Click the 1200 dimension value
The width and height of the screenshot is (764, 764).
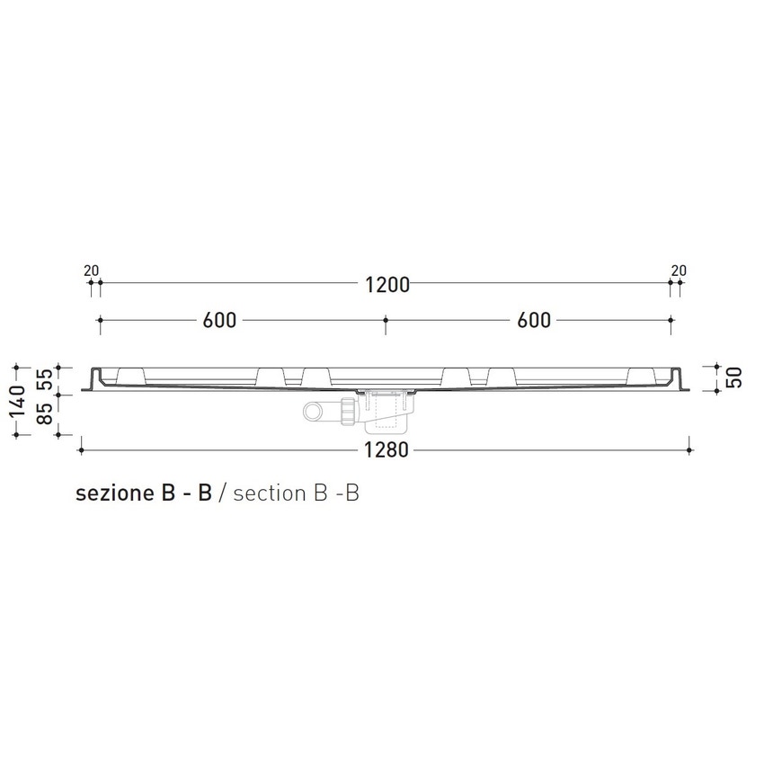387,285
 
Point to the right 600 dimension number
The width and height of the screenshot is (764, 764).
534,321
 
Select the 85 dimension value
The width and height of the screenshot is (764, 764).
42,414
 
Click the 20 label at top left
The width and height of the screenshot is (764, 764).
90,270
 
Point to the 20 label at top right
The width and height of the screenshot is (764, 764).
679,270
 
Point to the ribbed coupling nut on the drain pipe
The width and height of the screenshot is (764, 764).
347,412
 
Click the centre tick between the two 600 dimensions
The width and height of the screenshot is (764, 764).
385,319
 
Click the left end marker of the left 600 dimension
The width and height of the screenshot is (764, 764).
100,319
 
